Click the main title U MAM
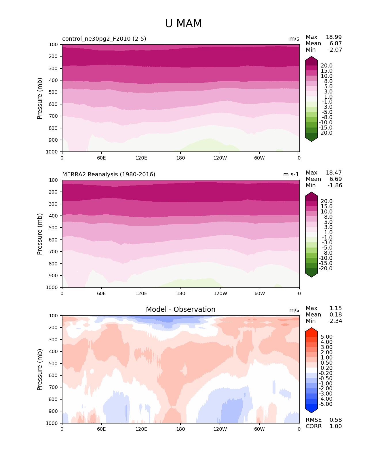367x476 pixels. click(183, 24)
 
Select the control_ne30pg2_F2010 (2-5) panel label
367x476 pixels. click(104, 39)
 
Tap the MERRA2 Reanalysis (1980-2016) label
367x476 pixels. click(109, 175)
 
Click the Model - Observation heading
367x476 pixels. click(180, 310)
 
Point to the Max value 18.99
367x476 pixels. click(334, 37)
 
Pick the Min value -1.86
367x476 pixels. click(335, 185)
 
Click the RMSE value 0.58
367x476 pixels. click(336, 420)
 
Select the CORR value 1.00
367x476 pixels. click(336, 426)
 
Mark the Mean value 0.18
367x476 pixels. click(336, 315)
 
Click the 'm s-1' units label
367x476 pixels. click(291, 175)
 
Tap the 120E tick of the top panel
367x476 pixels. click(141, 158)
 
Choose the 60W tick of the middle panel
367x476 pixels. click(260, 294)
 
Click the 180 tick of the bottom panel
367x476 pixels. click(180, 429)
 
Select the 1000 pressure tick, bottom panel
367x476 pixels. click(52, 423)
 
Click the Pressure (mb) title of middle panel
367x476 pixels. click(40, 234)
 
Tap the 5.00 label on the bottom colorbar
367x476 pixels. click(326, 337)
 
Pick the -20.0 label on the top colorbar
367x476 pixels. click(326, 133)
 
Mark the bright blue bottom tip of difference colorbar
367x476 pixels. click(311, 409)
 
